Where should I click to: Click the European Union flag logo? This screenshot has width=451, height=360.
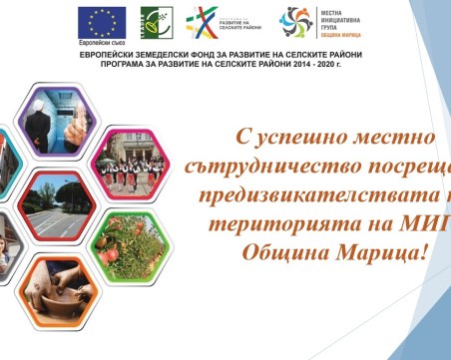(105, 21)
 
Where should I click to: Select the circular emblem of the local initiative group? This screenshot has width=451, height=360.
(296, 21)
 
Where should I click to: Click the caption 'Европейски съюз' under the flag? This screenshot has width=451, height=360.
(105, 45)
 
